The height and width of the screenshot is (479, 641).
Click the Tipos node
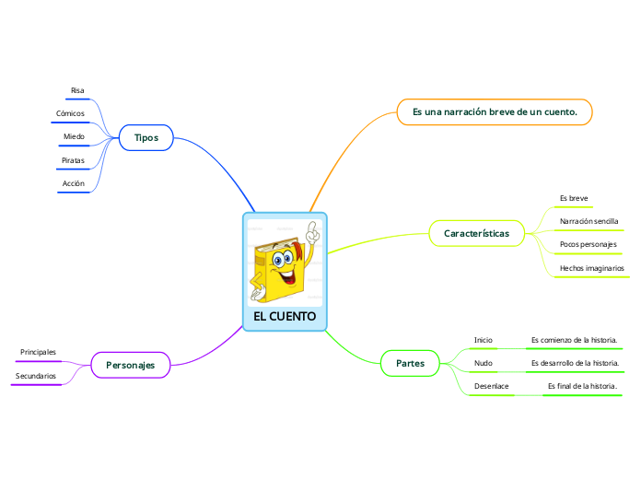(146, 137)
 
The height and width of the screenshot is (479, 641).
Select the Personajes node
(131, 366)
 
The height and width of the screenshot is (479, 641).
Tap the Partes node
(410, 363)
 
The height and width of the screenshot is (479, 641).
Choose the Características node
(476, 233)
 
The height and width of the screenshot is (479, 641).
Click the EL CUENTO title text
(285, 317)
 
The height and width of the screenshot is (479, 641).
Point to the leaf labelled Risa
(77, 90)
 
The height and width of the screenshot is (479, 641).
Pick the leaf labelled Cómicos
(71, 113)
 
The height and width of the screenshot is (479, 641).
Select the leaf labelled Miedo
(74, 136)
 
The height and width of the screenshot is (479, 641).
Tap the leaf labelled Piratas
(73, 160)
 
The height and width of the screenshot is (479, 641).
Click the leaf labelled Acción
(74, 183)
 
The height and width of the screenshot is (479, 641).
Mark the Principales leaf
(38, 352)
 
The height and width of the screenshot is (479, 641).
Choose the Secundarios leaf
(36, 376)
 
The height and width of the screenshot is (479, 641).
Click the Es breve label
(574, 198)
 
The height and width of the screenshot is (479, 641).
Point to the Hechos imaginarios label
(592, 268)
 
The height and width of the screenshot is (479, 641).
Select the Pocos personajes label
(589, 244)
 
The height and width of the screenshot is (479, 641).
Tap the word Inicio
(484, 340)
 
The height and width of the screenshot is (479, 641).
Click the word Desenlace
(491, 385)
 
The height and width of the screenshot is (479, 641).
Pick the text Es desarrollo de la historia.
(575, 363)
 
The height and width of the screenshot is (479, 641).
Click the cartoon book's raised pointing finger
(314, 227)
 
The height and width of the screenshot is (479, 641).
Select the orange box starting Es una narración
(495, 112)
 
